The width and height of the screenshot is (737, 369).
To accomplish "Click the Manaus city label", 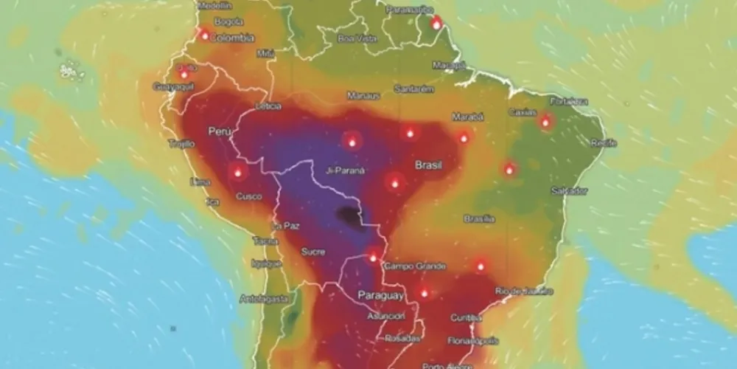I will pyautogui.click(x=364, y=96).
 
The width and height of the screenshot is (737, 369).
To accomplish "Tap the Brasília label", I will pyautogui.click(x=479, y=218).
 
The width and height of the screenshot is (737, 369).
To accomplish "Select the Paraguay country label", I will pyautogui.click(x=380, y=295).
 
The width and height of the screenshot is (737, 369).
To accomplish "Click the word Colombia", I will pyautogui.click(x=232, y=38).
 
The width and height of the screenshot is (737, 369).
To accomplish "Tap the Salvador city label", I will pyautogui.click(x=569, y=190).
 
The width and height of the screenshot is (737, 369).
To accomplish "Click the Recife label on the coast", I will pyautogui.click(x=603, y=142).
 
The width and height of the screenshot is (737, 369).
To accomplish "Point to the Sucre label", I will pyautogui.click(x=312, y=252).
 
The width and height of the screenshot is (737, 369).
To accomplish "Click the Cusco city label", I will pyautogui.click(x=248, y=196).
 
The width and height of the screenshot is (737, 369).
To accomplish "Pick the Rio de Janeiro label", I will pyautogui.click(x=524, y=291).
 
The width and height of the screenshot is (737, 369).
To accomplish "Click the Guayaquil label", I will pyautogui.click(x=172, y=86).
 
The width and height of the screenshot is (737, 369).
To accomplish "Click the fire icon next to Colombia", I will pyautogui.click(x=204, y=35).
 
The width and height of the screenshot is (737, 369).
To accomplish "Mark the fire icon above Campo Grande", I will pyautogui.click(x=373, y=258).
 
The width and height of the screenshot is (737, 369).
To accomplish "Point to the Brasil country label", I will pyautogui.click(x=428, y=165).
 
